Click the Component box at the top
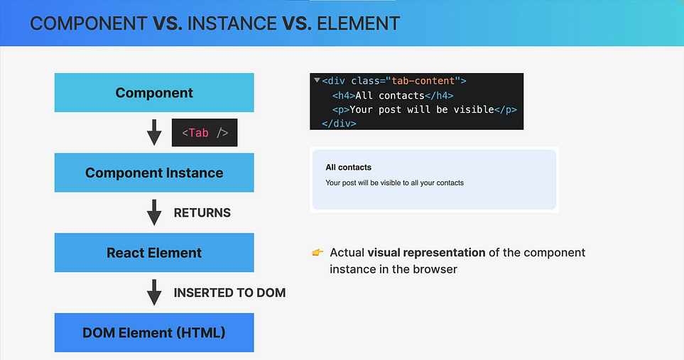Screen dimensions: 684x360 [x=154, y=92]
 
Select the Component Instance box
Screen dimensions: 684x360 [x=154, y=173]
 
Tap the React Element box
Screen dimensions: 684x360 [x=154, y=253]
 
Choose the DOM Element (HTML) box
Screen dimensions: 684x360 [x=154, y=332]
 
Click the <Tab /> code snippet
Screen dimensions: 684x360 [x=205, y=133]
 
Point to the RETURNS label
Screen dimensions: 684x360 [x=202, y=213]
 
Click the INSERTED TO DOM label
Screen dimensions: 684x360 [x=229, y=293]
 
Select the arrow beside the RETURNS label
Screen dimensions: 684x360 [x=154, y=213]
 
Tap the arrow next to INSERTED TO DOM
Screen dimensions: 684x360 [x=154, y=293]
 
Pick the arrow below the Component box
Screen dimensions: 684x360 [x=154, y=133]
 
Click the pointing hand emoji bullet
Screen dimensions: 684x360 [x=317, y=252]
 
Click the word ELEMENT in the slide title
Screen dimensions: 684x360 [x=358, y=23]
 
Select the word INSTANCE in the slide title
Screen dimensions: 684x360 [x=232, y=23]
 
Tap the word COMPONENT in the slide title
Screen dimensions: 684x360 [x=89, y=23]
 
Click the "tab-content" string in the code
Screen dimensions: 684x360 [x=423, y=81]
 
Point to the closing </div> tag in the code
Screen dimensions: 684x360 [x=339, y=124]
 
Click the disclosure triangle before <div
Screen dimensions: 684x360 [x=317, y=80]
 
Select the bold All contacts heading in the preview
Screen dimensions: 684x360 [x=349, y=168]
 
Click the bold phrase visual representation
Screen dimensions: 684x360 [x=426, y=253]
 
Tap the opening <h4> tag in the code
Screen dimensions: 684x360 [x=344, y=95]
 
